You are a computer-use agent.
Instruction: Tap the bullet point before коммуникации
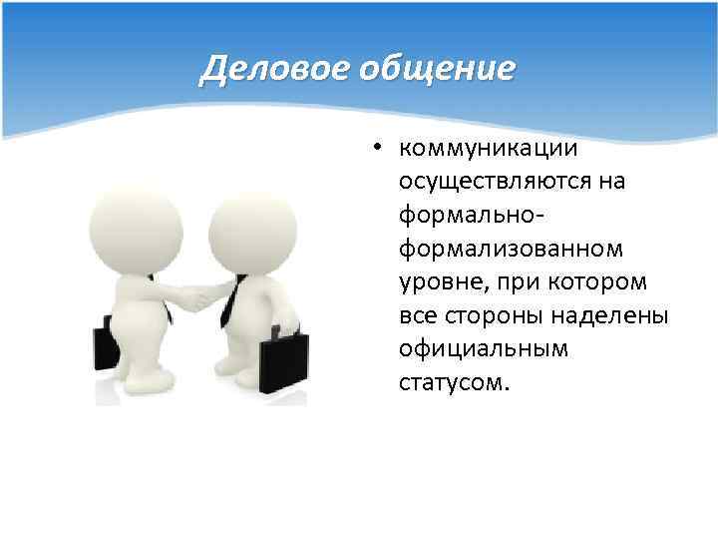379,149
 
